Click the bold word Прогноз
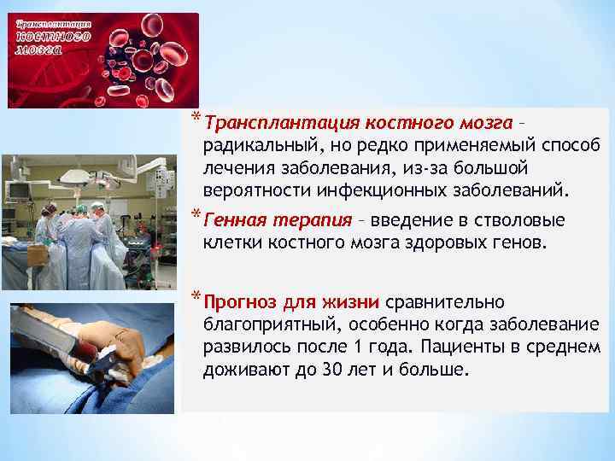click(242, 303)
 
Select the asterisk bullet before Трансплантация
click(196, 118)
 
